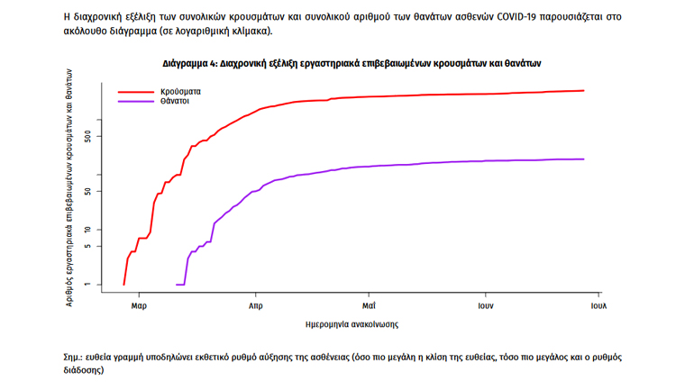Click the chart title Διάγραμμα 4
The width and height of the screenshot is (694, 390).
[x=352, y=64]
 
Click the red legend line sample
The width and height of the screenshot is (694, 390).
[x=136, y=92]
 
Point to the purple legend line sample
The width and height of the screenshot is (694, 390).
[x=136, y=102]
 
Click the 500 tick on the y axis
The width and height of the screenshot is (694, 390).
[x=87, y=136]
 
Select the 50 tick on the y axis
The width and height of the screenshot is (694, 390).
[x=87, y=191]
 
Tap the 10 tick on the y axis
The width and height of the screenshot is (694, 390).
[x=87, y=230]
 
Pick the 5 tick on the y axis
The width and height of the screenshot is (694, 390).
[x=87, y=247]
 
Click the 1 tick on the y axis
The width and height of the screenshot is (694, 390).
[x=87, y=285]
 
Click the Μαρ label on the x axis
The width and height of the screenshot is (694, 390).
[x=139, y=305]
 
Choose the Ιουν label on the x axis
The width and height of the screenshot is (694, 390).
[x=484, y=305]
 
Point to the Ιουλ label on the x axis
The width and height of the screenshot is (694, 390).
[x=598, y=305]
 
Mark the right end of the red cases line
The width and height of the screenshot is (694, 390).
[x=584, y=90]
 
